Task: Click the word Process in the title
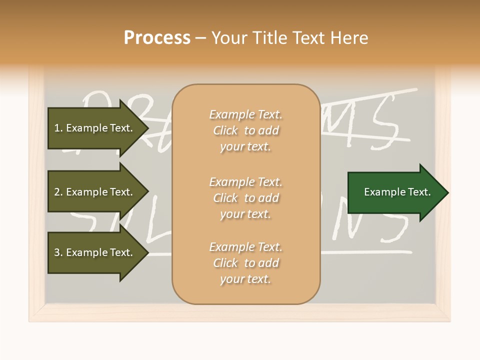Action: [157, 37]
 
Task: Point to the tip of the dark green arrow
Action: [447, 192]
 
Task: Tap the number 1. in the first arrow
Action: [58, 128]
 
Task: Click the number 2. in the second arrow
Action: [58, 192]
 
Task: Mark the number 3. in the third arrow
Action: [58, 252]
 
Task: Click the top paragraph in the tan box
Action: [245, 130]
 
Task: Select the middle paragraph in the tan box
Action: [245, 198]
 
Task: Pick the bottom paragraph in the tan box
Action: [245, 263]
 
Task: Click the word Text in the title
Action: [310, 37]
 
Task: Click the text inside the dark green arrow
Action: [397, 192]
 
